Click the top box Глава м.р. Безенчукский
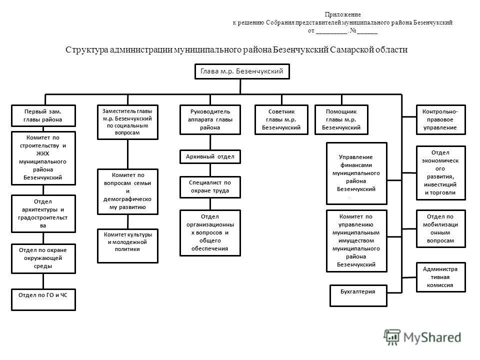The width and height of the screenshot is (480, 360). (x=241, y=72)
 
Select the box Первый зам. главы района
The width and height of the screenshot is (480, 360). (x=43, y=115)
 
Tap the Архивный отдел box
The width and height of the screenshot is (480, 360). (x=210, y=156)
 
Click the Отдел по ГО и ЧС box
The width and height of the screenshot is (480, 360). (x=43, y=299)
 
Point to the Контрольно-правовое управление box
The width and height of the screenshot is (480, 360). (x=440, y=119)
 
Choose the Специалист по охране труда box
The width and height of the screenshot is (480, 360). (x=210, y=187)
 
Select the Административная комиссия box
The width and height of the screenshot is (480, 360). (x=440, y=277)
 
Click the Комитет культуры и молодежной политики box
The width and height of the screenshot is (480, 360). (x=127, y=245)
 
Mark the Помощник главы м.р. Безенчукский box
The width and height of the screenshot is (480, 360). (x=341, y=119)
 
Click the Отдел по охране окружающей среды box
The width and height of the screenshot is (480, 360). (x=43, y=258)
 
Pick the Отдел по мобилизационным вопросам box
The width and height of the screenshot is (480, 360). (x=440, y=228)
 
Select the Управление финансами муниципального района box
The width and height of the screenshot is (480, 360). (x=356, y=173)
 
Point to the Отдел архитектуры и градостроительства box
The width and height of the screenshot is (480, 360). (x=43, y=213)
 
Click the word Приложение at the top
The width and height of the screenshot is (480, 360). (x=342, y=15)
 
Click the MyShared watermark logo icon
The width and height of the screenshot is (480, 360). (x=391, y=337)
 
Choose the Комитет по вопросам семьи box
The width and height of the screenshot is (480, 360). (x=127, y=191)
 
